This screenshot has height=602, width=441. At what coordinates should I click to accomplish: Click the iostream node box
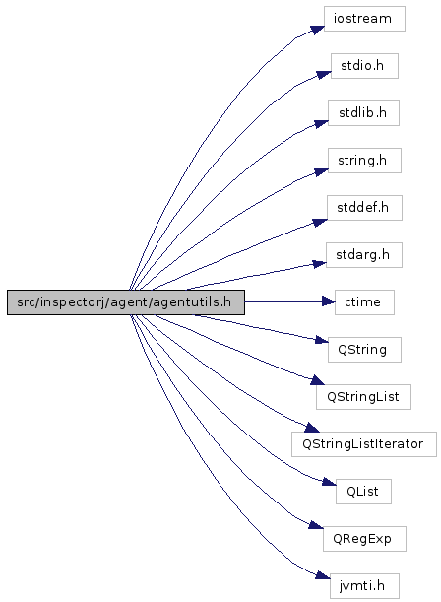pos(364,19)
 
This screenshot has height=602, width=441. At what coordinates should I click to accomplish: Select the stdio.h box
pos(364,66)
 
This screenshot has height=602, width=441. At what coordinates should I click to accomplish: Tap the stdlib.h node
pos(363,113)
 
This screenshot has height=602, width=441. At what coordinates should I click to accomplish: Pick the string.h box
pos(364,161)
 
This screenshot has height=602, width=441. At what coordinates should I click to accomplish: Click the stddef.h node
pos(364,208)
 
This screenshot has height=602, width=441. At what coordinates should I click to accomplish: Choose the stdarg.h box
pos(364,255)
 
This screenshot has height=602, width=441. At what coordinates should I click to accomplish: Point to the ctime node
pos(364,302)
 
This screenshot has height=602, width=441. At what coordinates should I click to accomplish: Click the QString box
pos(364,350)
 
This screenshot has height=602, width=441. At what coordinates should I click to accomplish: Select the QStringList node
pos(363,397)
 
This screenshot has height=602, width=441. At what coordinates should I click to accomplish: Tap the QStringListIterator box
pos(364,444)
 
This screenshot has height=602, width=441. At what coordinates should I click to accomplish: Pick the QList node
pos(363,492)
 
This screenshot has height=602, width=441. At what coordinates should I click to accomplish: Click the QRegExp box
pos(364,539)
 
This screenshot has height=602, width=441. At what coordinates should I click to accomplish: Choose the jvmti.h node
pos(364,586)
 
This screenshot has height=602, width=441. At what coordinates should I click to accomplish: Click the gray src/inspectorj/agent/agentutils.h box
pos(126,302)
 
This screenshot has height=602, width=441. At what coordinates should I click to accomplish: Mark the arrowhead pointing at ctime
pos(328,302)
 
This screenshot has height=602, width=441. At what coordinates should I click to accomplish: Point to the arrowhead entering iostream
pos(318,30)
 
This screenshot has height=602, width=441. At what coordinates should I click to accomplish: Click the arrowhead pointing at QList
pos(329,481)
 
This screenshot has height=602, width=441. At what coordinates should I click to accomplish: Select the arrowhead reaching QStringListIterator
pos(312,428)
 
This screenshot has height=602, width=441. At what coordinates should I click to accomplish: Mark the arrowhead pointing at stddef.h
pos(320,223)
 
